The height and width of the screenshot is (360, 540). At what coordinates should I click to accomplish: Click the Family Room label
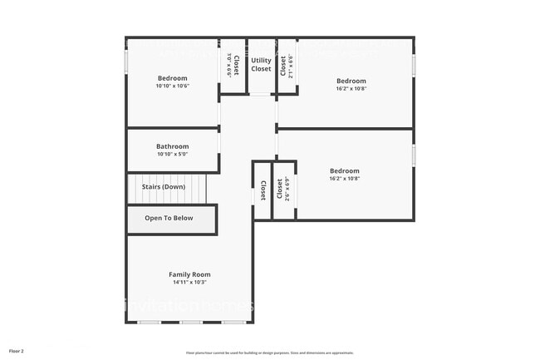pyautogui.click(x=189, y=274)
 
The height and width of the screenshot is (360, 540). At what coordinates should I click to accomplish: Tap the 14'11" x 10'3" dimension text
pyautogui.click(x=189, y=283)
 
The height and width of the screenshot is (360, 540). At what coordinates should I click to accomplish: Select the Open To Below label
pyautogui.click(x=169, y=219)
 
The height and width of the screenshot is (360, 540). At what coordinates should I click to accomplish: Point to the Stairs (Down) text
pyautogui.click(x=163, y=187)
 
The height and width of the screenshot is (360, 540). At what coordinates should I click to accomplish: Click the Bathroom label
pyautogui.click(x=173, y=146)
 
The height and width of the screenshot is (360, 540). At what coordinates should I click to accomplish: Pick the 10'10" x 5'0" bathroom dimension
pyautogui.click(x=173, y=155)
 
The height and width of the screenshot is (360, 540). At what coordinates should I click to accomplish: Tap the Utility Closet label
pyautogui.click(x=261, y=65)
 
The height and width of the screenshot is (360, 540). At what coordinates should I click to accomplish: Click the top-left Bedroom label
pyautogui.click(x=173, y=77)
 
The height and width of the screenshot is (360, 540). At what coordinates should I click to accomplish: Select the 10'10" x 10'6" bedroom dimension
pyautogui.click(x=173, y=86)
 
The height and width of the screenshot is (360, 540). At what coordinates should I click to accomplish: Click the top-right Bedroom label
pyautogui.click(x=351, y=81)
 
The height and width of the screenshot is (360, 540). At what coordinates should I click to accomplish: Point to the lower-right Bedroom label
pyautogui.click(x=344, y=170)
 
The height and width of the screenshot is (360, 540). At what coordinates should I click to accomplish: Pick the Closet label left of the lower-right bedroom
pyautogui.click(x=263, y=191)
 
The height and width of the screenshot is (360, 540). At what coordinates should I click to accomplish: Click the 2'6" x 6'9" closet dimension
pyautogui.click(x=287, y=190)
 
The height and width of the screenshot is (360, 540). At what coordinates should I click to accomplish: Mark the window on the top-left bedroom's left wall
pyautogui.click(x=126, y=62)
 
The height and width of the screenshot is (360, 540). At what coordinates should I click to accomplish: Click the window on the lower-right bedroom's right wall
pyautogui.click(x=414, y=155)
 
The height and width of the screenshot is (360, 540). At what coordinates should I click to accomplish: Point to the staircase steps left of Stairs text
pyautogui.click(x=133, y=188)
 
